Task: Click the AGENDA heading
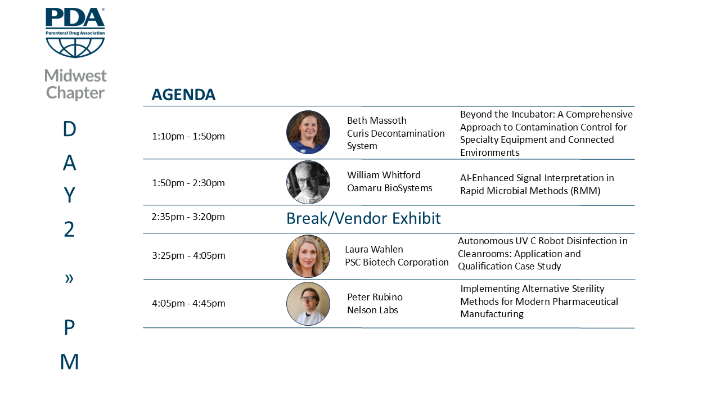tap(183, 94)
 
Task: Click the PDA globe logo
tap(75, 33)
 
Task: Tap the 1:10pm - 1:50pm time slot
tap(188, 136)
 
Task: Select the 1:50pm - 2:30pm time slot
tap(188, 183)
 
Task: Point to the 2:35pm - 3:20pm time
tap(188, 217)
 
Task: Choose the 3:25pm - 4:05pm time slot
tap(188, 255)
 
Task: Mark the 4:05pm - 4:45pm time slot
tap(188, 303)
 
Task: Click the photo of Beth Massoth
tap(308, 132)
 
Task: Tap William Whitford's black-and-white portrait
tap(308, 182)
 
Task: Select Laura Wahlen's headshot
tap(308, 256)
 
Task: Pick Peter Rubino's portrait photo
tap(308, 304)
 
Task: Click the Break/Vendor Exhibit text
tap(363, 219)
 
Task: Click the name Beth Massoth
tap(377, 120)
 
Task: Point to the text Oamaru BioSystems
tap(390, 188)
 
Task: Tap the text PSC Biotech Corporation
tap(397, 262)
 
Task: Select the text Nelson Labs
tap(372, 310)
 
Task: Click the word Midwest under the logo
tap(75, 76)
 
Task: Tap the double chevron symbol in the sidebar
tap(69, 278)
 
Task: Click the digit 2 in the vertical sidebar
tap(69, 229)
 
